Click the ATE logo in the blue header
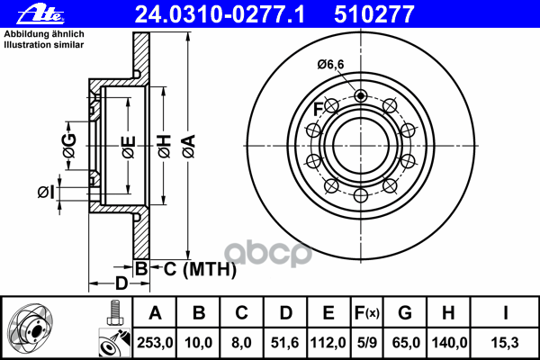click(x=40, y=14)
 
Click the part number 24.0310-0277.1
click(x=220, y=14)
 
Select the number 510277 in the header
click(x=374, y=14)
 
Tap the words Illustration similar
click(x=44, y=45)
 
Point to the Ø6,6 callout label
click(x=330, y=65)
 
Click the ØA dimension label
click(x=189, y=146)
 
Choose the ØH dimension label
click(x=165, y=147)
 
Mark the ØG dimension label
click(x=69, y=146)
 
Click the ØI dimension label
click(x=46, y=193)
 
